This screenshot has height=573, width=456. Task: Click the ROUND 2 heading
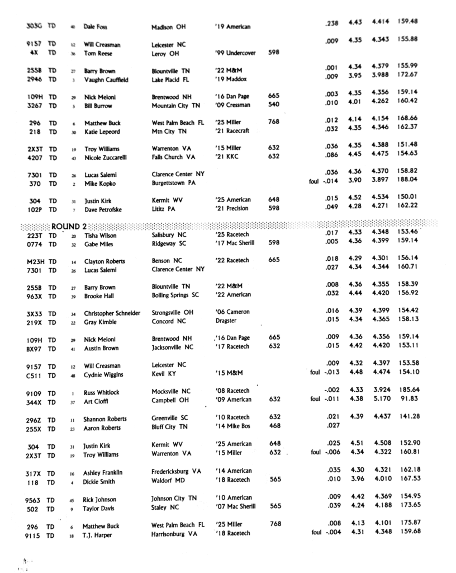pyautogui.click(x=69, y=227)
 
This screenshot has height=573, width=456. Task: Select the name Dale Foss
pyautogui.click(x=95, y=26)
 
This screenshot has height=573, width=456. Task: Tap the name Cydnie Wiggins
pyautogui.click(x=104, y=375)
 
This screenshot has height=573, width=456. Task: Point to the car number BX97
pyautogui.click(x=35, y=349)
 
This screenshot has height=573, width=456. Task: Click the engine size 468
pyautogui.click(x=274, y=425)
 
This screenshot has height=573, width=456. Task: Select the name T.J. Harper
pyautogui.click(x=98, y=535)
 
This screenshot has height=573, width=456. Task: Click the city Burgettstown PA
pyautogui.click(x=175, y=183)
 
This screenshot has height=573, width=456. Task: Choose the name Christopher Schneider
pyautogui.click(x=112, y=313)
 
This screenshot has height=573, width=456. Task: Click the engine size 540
pyautogui.click(x=274, y=105)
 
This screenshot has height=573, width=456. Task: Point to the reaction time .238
pyautogui.click(x=331, y=23)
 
